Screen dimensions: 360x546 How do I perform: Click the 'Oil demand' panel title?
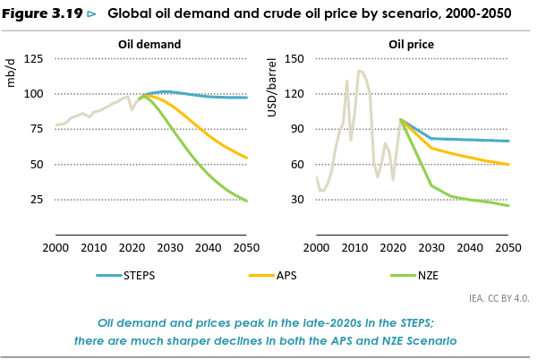point(149,44)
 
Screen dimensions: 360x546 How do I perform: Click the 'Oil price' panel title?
point(410,44)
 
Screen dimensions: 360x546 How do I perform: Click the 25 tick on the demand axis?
point(36,200)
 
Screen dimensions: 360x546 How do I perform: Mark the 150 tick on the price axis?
point(294,59)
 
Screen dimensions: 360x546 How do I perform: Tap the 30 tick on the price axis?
point(298,200)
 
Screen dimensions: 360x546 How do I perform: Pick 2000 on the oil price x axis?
point(317,247)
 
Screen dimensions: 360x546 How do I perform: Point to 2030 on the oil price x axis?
point(431,247)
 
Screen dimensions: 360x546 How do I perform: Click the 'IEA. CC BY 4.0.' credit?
point(499,298)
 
